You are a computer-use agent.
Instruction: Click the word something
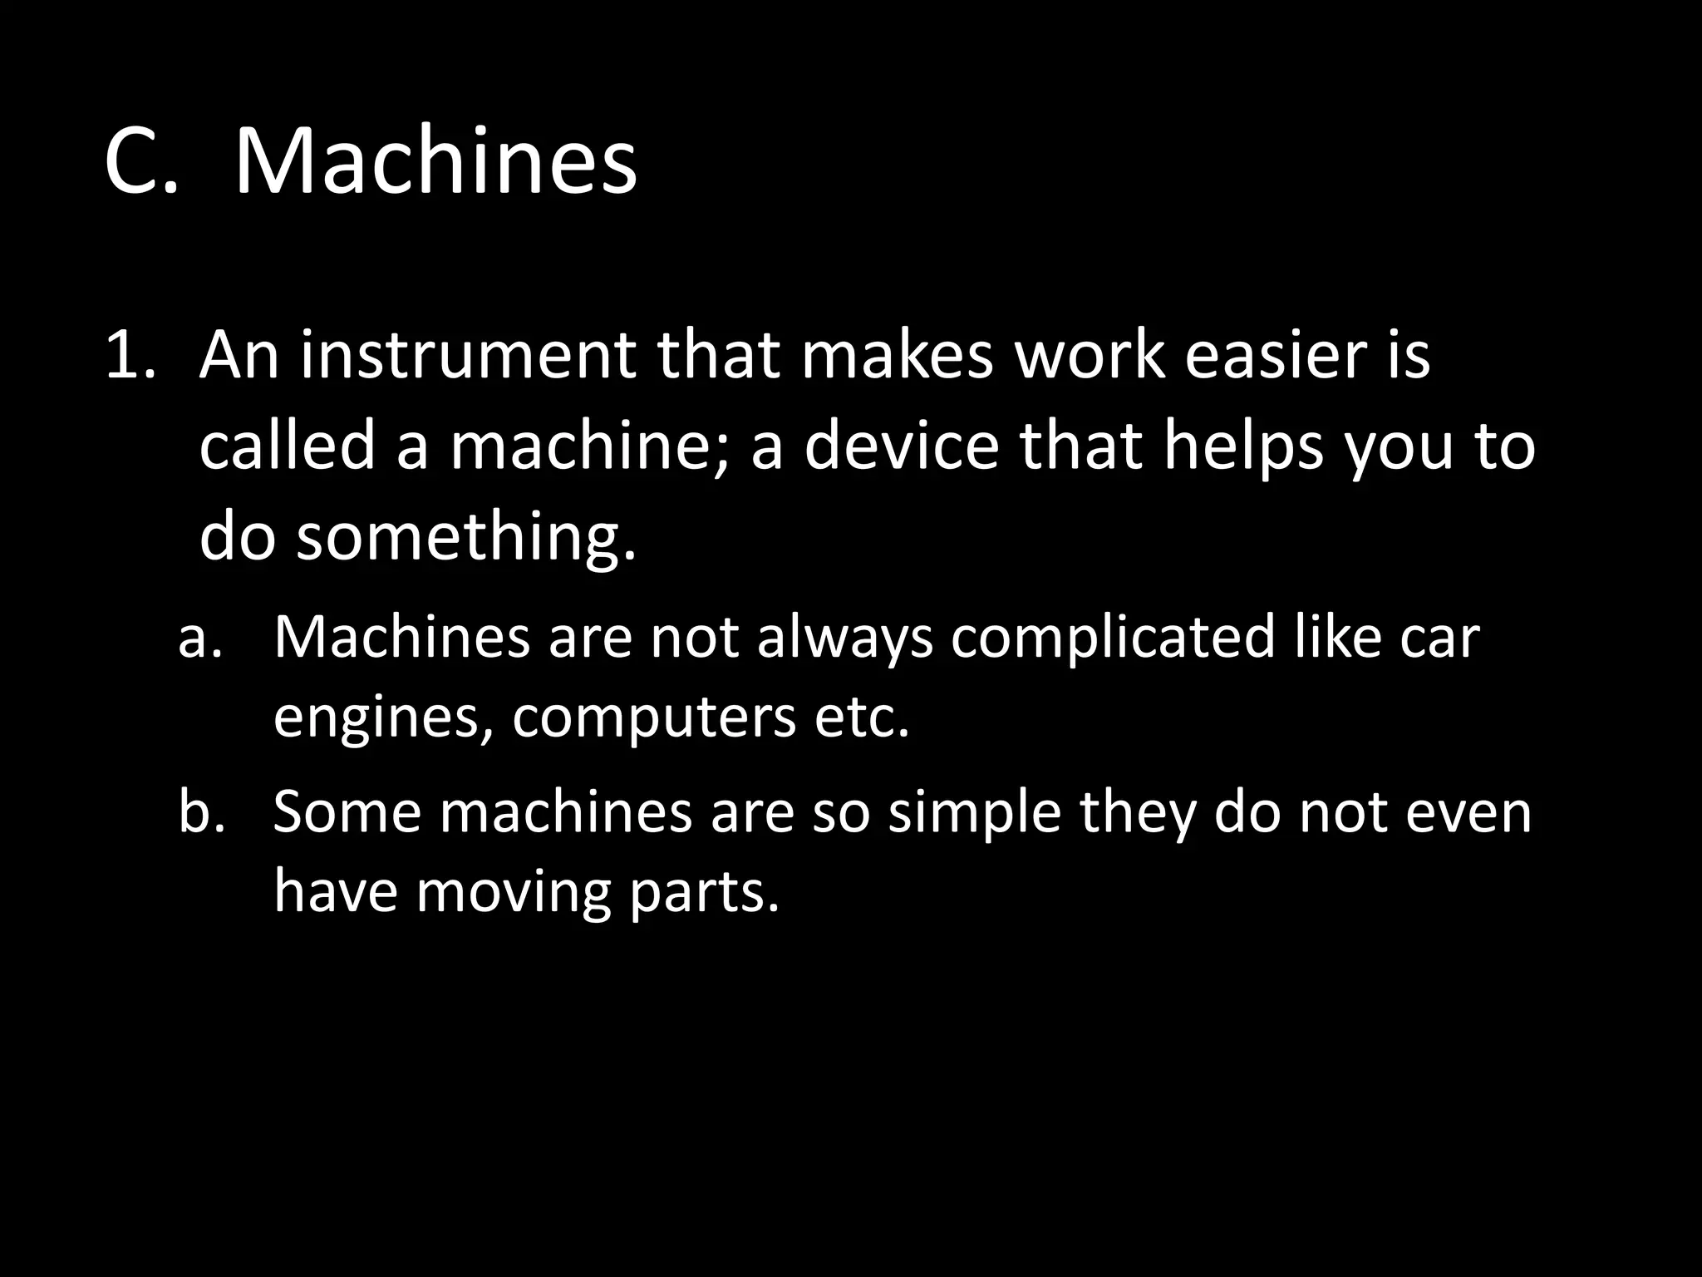tap(466, 537)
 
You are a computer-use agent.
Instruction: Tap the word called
tap(288, 446)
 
